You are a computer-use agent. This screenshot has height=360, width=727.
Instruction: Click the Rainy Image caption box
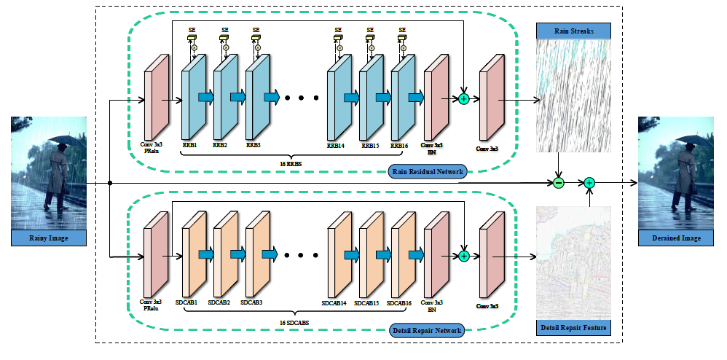(49, 238)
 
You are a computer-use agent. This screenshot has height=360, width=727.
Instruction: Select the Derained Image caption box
(675, 238)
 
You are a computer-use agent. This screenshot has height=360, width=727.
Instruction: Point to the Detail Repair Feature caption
(573, 329)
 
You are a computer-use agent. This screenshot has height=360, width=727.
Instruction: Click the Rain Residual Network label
(427, 172)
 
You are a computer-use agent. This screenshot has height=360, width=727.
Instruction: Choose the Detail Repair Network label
(427, 330)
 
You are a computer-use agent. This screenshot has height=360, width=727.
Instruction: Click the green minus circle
(558, 182)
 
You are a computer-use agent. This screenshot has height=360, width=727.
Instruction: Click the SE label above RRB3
(256, 30)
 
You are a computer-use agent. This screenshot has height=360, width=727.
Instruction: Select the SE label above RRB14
(338, 30)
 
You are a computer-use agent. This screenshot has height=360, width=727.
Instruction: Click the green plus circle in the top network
(463, 98)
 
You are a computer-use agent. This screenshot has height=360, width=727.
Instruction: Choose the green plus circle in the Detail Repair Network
(463, 256)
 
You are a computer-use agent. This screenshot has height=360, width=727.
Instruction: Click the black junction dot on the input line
(109, 182)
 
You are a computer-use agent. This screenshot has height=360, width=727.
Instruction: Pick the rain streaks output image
(573, 95)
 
